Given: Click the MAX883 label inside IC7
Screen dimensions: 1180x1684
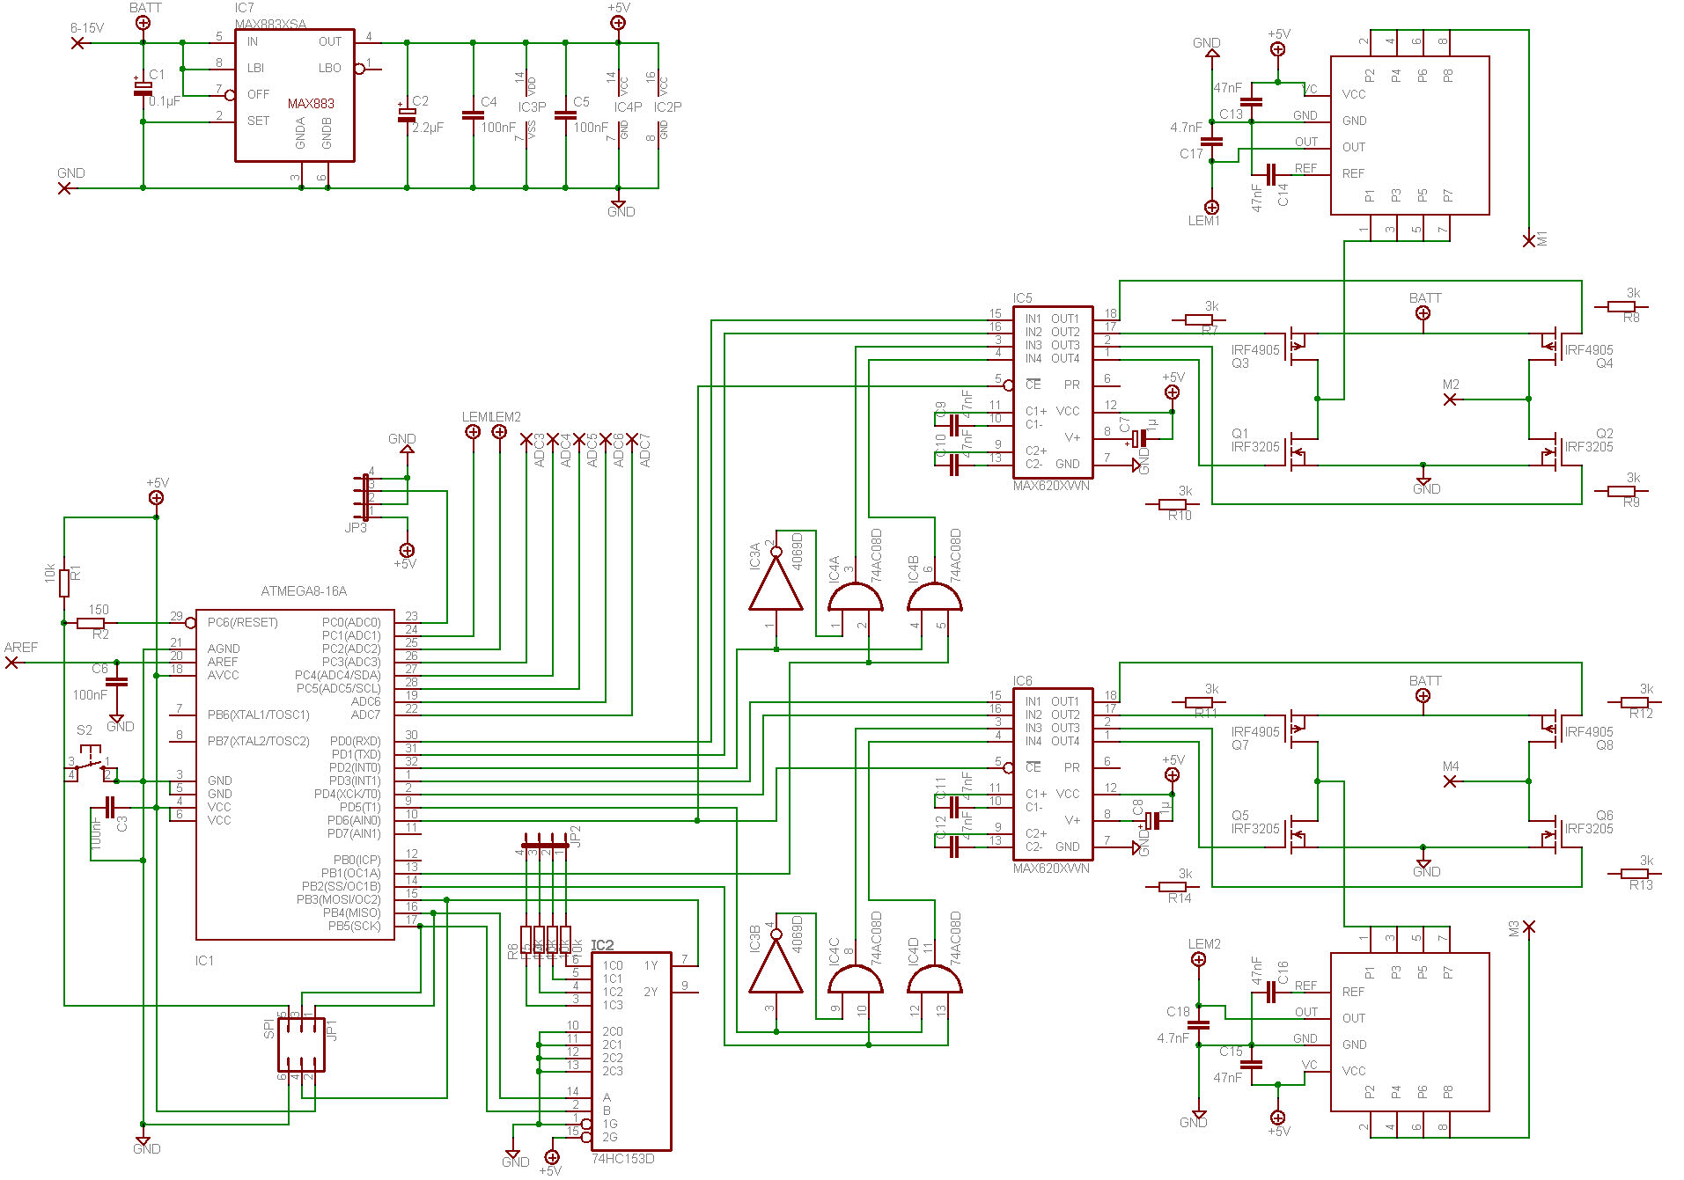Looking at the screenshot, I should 311,104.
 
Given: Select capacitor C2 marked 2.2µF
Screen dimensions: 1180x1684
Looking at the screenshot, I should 407,114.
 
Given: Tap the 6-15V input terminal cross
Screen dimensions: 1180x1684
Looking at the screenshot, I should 78,42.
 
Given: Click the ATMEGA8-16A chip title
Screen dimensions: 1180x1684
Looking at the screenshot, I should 304,591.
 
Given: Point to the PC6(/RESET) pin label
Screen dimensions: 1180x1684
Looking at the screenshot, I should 243,623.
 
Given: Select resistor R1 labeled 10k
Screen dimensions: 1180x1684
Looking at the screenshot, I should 64,583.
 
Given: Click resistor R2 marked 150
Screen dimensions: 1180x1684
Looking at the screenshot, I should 91,623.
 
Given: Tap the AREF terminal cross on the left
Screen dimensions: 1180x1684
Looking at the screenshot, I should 11,663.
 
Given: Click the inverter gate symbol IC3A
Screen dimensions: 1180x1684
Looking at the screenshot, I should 776,585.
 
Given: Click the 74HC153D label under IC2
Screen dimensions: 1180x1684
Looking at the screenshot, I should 623,1159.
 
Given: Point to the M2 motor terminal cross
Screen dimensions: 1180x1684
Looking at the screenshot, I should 1451,399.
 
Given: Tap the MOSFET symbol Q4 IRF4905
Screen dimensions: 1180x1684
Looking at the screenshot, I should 1550,345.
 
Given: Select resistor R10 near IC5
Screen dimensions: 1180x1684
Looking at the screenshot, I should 1172,505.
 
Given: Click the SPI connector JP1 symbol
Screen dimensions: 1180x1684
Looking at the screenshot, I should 301,1044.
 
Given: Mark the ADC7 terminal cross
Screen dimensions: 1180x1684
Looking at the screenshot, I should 632,438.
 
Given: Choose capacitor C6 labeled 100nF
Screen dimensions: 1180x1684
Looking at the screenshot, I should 116,681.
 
